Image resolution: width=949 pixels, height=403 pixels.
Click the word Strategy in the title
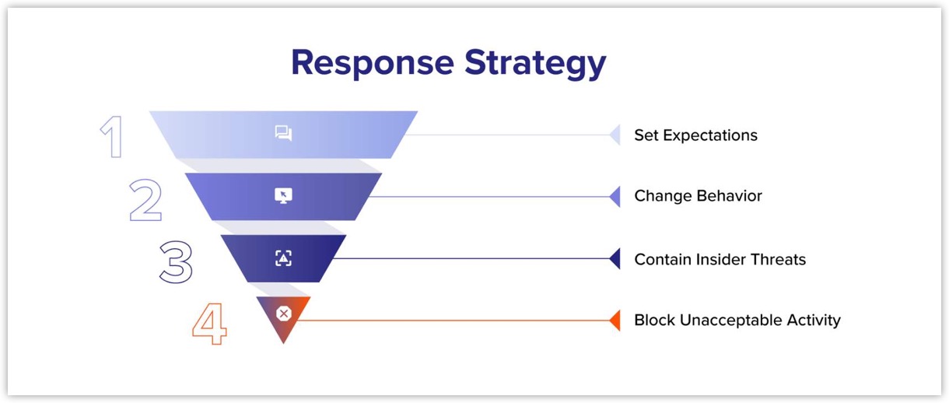tap(535, 63)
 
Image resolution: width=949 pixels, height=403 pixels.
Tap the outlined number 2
tap(145, 200)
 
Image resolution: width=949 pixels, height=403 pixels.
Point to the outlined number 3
tap(176, 261)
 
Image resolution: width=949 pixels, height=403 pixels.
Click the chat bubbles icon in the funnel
tap(283, 134)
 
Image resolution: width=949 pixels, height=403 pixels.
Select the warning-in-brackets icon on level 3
tap(283, 258)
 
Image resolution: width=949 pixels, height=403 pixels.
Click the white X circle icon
tap(284, 314)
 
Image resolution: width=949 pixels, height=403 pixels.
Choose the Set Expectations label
tap(695, 135)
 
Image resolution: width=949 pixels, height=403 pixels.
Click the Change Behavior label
tap(698, 196)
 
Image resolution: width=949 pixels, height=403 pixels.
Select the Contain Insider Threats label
tap(720, 259)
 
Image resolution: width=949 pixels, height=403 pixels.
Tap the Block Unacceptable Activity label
tap(737, 320)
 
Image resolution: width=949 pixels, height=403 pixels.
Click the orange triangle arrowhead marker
tap(615, 320)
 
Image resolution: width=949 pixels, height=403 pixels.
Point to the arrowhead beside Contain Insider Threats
tap(615, 258)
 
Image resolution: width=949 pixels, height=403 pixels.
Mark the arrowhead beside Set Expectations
tap(615, 135)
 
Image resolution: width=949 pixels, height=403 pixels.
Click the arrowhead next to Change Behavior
tap(615, 197)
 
